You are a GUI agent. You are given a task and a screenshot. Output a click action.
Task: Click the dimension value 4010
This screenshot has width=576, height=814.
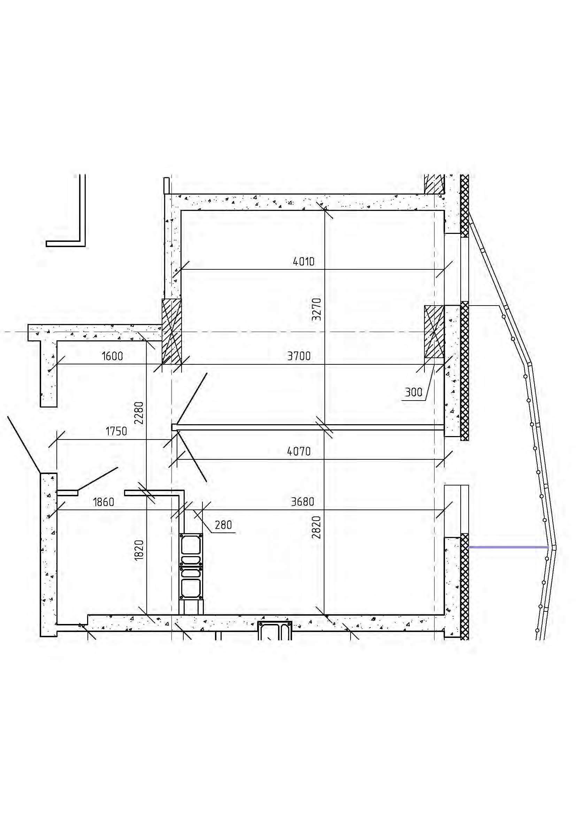304,262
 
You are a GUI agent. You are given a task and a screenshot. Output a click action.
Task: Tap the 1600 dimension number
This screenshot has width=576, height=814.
113,356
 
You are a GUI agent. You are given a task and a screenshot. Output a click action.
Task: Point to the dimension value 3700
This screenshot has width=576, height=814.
299,356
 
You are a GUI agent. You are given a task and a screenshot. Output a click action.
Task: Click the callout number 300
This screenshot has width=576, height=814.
414,392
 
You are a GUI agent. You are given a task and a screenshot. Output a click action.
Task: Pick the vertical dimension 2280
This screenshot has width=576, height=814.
139,413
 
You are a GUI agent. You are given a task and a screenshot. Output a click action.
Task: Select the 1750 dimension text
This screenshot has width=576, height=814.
116,432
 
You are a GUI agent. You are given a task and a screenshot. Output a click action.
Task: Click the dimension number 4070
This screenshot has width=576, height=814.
299,451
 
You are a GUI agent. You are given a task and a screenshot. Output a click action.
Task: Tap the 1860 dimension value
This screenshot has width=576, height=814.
103,502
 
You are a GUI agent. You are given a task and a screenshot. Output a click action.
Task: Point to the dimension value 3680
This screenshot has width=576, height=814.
302,502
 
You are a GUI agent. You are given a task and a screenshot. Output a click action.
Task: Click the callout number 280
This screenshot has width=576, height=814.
223,525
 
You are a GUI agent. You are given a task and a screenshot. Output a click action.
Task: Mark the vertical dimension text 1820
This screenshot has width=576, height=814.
139,550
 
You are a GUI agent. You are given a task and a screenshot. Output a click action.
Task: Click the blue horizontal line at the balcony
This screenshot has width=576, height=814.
508,547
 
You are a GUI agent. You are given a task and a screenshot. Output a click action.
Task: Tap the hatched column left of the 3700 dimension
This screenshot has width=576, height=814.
172,332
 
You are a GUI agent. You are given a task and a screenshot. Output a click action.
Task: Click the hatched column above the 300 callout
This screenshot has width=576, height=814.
435,332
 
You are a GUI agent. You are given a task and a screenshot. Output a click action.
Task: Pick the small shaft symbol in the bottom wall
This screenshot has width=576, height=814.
275,631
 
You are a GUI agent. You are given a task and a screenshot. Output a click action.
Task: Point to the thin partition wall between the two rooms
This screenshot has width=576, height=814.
308,427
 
